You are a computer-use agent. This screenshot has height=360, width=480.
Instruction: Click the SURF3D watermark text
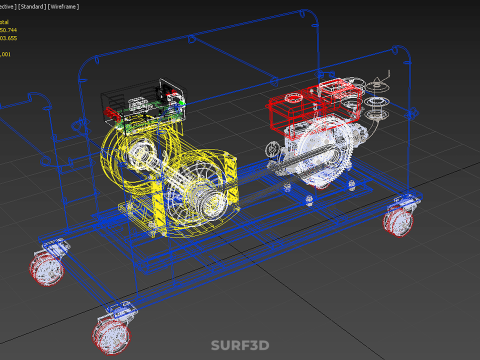[240, 346]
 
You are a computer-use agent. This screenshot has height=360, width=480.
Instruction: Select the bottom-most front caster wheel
[111, 333]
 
